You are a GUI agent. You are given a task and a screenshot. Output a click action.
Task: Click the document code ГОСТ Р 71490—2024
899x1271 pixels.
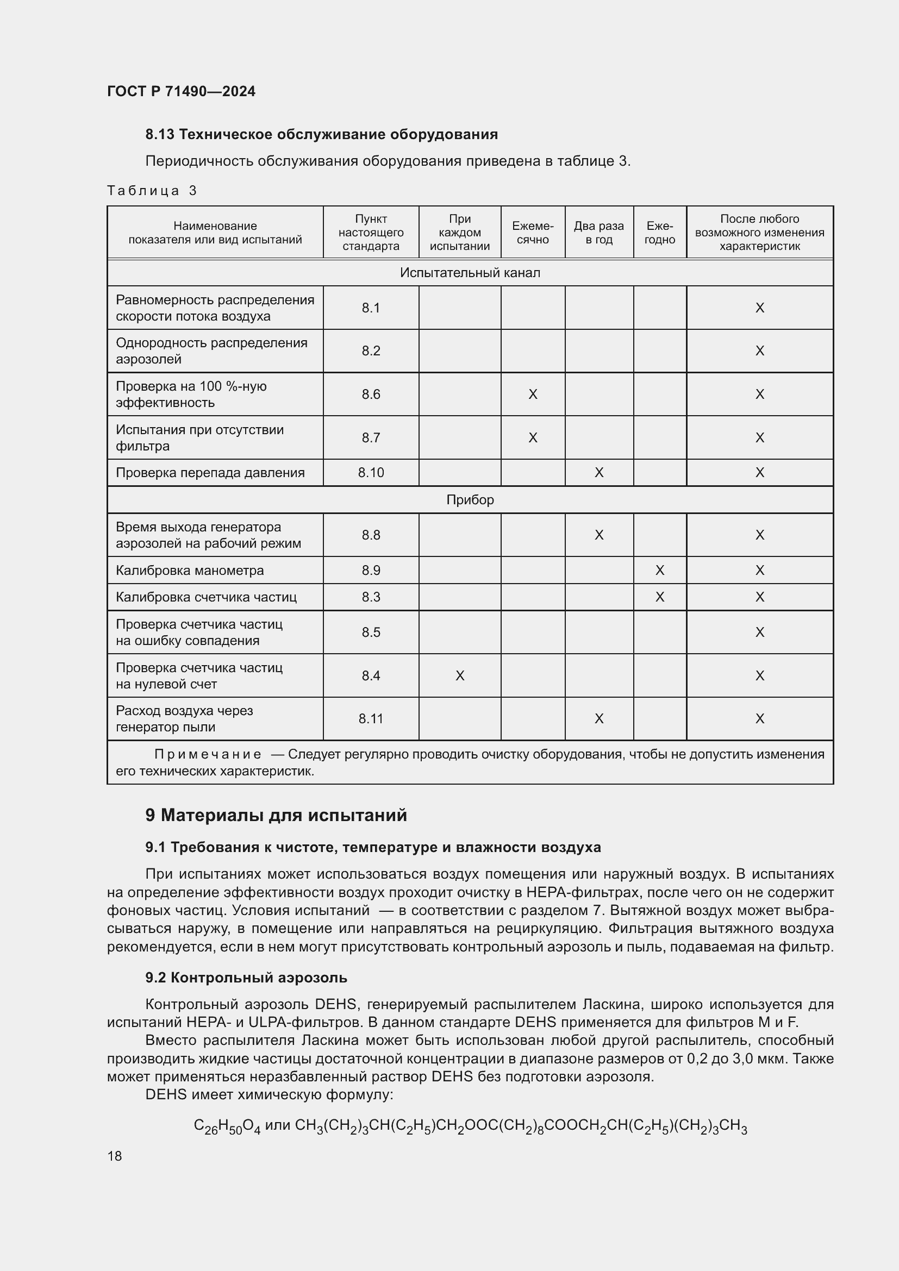[181, 91]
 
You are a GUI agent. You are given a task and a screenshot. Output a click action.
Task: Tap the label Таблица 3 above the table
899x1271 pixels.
[152, 190]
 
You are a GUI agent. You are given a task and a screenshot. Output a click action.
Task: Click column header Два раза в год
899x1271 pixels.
[598, 233]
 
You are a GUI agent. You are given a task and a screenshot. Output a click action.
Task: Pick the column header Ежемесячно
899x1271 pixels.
[532, 233]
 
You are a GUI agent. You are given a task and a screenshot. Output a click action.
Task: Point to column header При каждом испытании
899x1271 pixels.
[459, 233]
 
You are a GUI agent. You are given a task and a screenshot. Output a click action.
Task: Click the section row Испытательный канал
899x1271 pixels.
[470, 272]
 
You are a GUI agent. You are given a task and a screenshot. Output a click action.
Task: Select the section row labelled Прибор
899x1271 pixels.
[470, 500]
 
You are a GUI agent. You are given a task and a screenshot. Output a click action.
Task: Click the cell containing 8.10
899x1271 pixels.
[370, 473]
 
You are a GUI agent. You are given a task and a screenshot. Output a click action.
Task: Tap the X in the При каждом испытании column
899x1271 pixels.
[459, 675]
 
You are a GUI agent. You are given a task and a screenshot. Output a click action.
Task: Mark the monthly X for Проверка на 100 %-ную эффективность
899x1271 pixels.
[533, 394]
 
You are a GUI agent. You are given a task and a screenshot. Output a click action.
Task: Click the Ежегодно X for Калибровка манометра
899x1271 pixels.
[659, 570]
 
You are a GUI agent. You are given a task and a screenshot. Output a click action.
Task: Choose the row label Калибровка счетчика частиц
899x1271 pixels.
[206, 597]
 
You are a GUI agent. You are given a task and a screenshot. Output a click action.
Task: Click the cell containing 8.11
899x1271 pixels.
[370, 718]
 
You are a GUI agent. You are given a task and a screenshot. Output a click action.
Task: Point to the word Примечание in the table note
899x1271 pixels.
[208, 755]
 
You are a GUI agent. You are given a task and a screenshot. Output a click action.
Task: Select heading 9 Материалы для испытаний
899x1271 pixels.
[276, 816]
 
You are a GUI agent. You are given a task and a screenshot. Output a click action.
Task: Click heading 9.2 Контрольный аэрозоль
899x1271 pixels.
[246, 978]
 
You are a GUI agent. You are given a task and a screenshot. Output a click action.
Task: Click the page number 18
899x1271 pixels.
[115, 1156]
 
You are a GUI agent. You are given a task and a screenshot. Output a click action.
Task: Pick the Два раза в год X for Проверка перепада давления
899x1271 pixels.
[598, 473]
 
